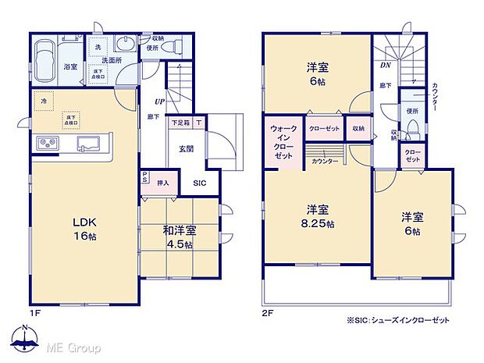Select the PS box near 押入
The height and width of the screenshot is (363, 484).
(x=145, y=179)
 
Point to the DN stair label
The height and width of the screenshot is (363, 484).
(x=385, y=67)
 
